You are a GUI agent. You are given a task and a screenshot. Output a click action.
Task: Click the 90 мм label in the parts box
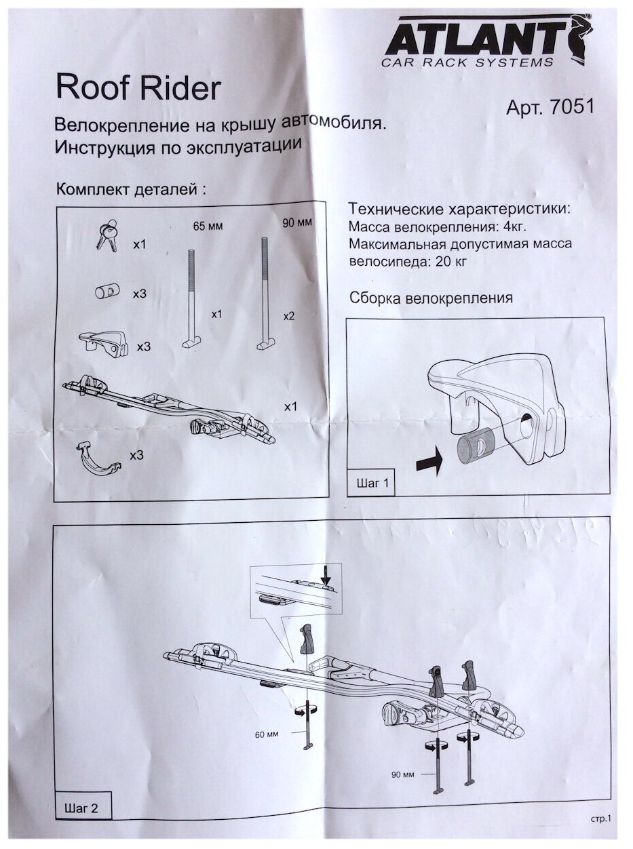(x=296, y=223)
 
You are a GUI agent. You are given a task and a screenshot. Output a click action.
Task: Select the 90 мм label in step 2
(x=402, y=774)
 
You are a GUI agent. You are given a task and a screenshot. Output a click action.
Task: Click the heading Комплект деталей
(x=130, y=189)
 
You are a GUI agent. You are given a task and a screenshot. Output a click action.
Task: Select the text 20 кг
(x=448, y=260)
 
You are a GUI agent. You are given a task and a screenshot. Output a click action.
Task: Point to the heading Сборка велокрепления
(x=430, y=298)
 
